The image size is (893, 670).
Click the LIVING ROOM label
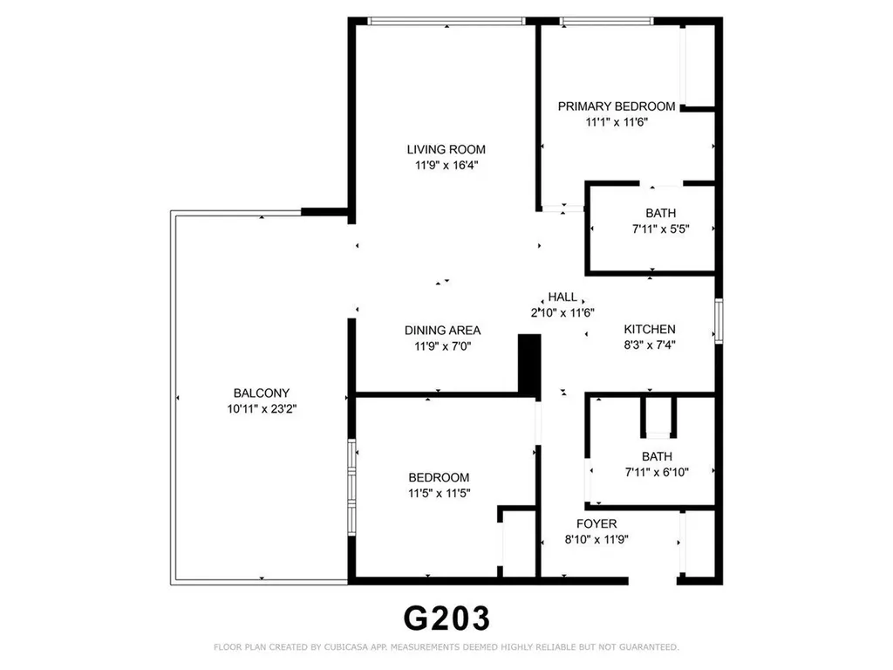(x=446, y=149)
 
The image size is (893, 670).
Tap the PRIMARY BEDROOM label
(x=617, y=106)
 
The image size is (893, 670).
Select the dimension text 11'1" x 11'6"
(x=617, y=122)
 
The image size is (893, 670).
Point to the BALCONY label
(x=261, y=393)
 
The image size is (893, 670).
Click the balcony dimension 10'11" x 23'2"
(x=261, y=408)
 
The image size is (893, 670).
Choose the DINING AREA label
(x=442, y=331)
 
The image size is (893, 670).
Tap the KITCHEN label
(x=650, y=329)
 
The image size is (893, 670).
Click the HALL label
(x=562, y=297)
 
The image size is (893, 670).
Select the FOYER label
(x=596, y=523)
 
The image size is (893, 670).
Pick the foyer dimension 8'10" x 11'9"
(x=596, y=539)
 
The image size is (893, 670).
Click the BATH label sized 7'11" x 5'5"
(x=660, y=213)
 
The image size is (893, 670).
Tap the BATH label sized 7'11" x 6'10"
(x=657, y=456)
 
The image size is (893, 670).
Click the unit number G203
(x=446, y=618)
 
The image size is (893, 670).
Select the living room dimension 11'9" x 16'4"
(x=446, y=165)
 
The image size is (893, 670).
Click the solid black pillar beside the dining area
(x=528, y=365)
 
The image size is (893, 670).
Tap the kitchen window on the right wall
(x=719, y=320)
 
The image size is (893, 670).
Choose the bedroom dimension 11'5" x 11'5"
(x=439, y=493)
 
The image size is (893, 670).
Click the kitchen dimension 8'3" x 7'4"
(x=650, y=345)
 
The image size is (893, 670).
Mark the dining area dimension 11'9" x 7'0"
(x=442, y=346)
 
